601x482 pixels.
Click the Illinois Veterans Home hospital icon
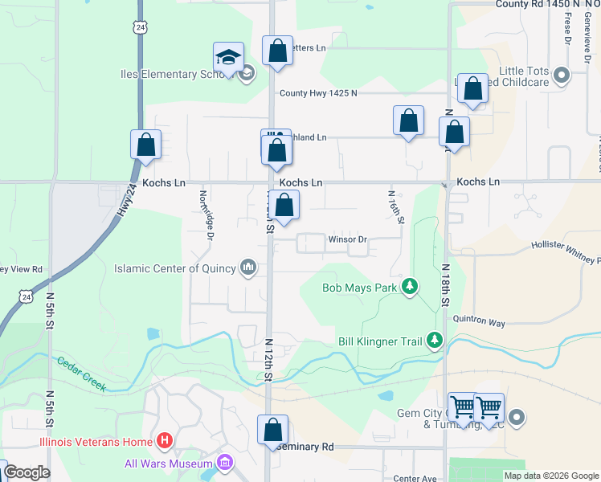(x=165, y=440)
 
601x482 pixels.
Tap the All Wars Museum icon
(x=225, y=463)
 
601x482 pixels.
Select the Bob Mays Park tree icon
(x=411, y=287)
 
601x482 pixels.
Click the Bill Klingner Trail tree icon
(x=435, y=341)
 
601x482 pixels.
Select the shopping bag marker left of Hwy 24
(x=146, y=145)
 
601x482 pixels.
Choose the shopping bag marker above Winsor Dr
(x=284, y=205)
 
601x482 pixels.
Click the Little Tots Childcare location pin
(x=561, y=76)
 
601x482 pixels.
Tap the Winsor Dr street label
(x=347, y=239)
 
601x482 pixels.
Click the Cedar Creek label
(x=81, y=374)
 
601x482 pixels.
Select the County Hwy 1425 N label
(x=318, y=93)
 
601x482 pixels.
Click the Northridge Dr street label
(x=208, y=214)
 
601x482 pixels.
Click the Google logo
(x=27, y=472)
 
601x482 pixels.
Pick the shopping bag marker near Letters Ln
(x=277, y=51)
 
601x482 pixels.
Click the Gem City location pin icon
(x=517, y=417)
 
